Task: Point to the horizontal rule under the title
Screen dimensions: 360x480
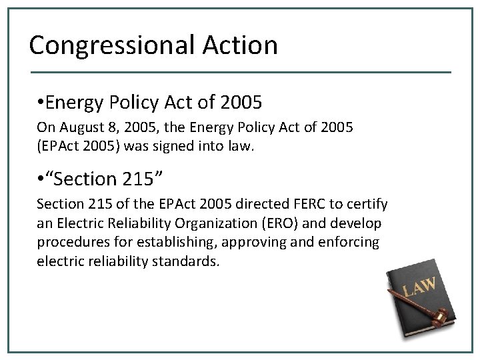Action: click(240, 71)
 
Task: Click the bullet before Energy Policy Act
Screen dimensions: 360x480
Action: click(41, 103)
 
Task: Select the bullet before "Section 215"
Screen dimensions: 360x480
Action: click(41, 179)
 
